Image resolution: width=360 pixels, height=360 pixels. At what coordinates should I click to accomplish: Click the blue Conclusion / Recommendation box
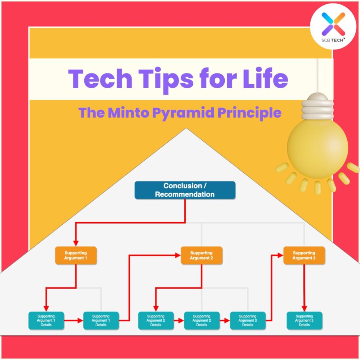click(x=185, y=190)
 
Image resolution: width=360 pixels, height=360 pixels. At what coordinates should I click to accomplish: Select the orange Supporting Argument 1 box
click(x=76, y=256)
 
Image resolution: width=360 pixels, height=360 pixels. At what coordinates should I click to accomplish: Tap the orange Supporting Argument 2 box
click(x=201, y=256)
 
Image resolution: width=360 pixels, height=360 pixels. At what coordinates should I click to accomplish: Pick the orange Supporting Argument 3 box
click(x=304, y=256)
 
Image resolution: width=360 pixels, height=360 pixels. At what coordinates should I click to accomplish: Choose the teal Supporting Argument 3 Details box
click(x=304, y=321)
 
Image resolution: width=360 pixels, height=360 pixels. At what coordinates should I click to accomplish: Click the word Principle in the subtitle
click(x=249, y=112)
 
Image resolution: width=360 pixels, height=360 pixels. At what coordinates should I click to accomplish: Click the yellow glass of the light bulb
click(x=317, y=146)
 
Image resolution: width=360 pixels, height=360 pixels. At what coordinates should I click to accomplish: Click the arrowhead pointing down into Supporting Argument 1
click(x=76, y=243)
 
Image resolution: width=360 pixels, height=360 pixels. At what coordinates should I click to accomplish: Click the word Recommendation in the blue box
click(x=185, y=194)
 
